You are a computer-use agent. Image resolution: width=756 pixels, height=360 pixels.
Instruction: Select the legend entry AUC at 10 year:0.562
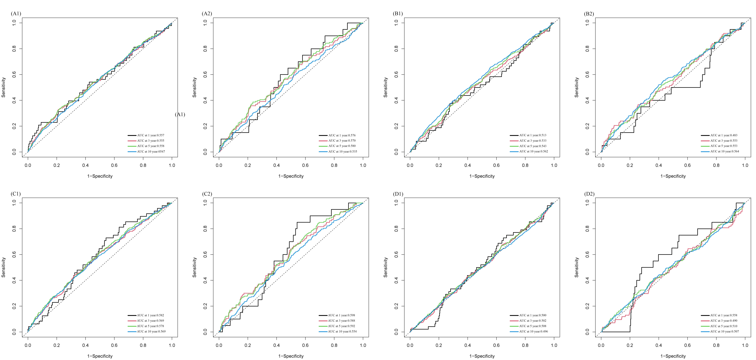[x=529, y=151]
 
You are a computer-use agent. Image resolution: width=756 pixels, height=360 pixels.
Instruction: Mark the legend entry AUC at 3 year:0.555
[x=146, y=141]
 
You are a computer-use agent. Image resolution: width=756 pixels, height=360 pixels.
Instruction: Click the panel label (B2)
[x=589, y=14]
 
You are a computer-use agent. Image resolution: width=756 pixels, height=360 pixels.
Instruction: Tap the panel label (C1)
[x=16, y=194]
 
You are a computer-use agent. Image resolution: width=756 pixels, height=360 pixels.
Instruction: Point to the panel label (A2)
[x=207, y=14]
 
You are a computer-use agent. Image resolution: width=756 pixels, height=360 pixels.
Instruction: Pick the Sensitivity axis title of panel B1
[x=386, y=87]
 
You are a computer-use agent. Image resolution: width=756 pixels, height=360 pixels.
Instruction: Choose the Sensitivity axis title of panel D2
[x=577, y=267]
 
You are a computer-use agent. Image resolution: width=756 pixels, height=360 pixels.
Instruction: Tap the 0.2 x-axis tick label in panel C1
[x=57, y=345]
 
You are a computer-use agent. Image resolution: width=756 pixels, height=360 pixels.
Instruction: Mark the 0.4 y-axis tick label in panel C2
[x=205, y=280]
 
